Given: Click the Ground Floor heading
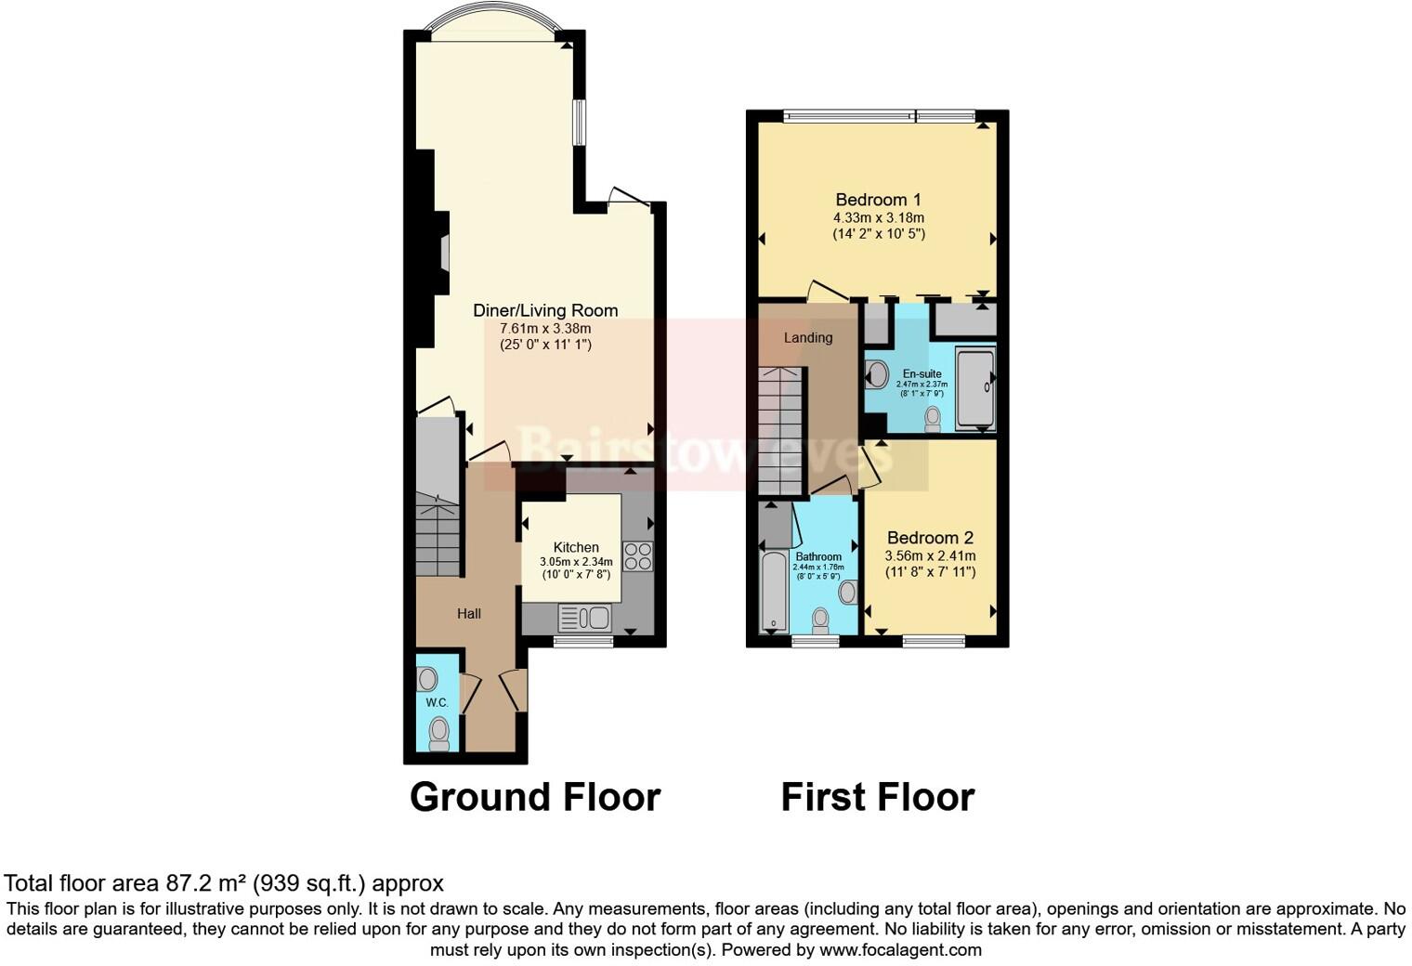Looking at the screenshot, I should tap(534, 797).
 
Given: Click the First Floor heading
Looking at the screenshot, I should tap(877, 797).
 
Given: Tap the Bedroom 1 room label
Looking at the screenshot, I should tap(878, 200).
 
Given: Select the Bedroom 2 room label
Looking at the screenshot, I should tap(930, 538).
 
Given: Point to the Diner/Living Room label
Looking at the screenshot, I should tap(545, 310).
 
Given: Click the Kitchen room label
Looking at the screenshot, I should tap(576, 547).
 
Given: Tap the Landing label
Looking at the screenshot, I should tap(807, 337).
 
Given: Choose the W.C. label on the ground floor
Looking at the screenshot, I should tap(438, 702).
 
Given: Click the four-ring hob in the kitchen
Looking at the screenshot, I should tap(638, 556).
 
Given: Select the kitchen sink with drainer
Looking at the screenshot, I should tap(584, 617).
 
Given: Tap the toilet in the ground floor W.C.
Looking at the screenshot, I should tap(439, 733).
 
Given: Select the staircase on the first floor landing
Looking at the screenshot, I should tap(780, 431).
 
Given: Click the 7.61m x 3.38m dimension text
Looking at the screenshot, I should tap(545, 328).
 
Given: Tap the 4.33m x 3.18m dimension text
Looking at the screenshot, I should tap(878, 217).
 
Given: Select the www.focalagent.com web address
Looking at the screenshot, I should tap(900, 949).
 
